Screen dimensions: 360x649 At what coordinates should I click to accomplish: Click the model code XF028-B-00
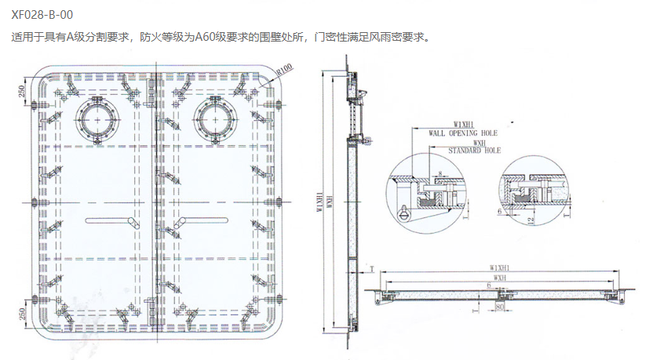[42, 14]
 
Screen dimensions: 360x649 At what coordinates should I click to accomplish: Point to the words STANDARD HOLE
[475, 150]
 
